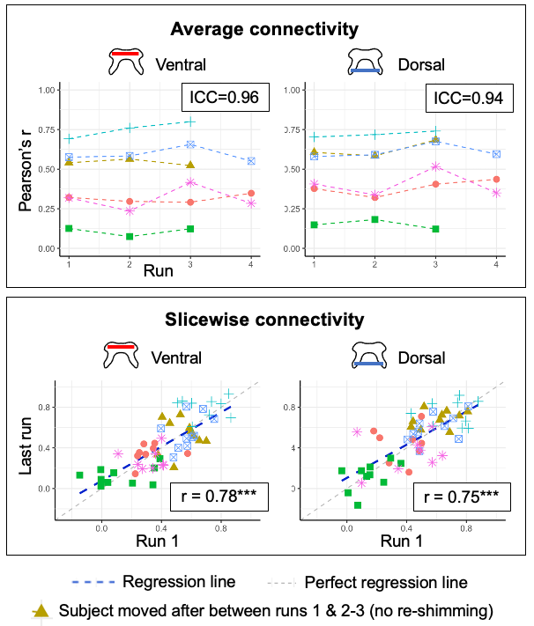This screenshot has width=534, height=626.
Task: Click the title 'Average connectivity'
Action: pyautogui.click(x=264, y=30)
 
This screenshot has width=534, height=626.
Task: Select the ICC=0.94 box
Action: pyautogui.click(x=469, y=98)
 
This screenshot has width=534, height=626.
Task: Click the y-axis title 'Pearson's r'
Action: pyautogui.click(x=28, y=167)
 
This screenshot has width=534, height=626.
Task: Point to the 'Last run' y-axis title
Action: pyautogui.click(x=28, y=446)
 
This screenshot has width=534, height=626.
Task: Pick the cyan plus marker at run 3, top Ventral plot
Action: pyautogui.click(x=190, y=122)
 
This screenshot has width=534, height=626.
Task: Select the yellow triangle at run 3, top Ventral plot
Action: pyautogui.click(x=190, y=165)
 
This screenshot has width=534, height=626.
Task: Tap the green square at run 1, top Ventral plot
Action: pyautogui.click(x=69, y=229)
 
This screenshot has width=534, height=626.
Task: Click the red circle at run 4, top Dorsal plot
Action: pyautogui.click(x=497, y=180)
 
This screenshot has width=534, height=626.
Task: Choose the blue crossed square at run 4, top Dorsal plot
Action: pyautogui.click(x=497, y=154)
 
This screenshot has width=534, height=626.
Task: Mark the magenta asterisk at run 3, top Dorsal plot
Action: pyautogui.click(x=435, y=166)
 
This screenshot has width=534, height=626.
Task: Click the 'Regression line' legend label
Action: pyautogui.click(x=179, y=581)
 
